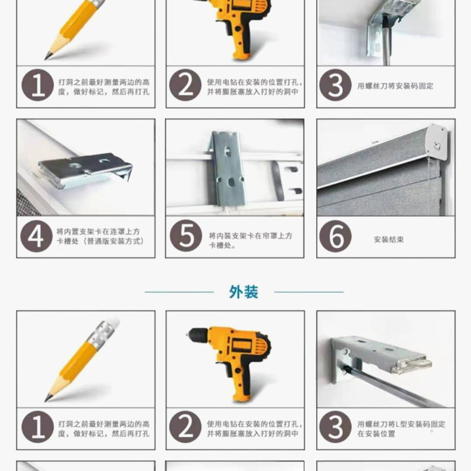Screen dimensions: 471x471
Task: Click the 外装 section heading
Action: coord(243,292)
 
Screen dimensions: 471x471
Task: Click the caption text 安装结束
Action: coord(389,240)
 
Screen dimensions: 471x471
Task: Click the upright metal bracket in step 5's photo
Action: coord(228,168)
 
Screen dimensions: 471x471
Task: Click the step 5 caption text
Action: coord(250,240)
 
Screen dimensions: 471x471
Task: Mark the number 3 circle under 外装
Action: coord(335,428)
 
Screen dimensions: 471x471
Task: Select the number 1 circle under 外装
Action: coord(37,428)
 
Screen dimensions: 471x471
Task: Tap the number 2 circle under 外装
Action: coord(185,428)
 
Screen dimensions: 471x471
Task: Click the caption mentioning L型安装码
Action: coord(400,429)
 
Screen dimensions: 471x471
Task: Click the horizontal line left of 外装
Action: coord(179,292)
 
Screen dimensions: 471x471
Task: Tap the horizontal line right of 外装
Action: coord(309,292)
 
